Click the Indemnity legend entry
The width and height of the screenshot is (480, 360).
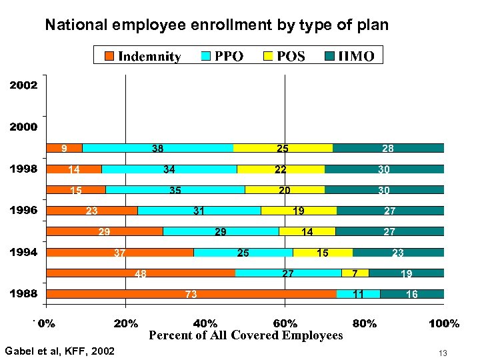coord(143,55)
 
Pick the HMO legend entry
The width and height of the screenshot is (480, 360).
coord(350,55)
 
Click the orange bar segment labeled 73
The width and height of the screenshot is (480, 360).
coord(191,294)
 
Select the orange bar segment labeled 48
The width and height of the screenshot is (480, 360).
coord(141,273)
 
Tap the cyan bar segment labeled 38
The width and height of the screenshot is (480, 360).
coord(158,148)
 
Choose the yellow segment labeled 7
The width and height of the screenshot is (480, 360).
coord(355,273)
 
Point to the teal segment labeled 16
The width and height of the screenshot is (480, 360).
coord(412,294)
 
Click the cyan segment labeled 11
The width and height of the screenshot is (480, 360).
coord(358,294)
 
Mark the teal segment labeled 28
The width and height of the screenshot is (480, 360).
coord(388,148)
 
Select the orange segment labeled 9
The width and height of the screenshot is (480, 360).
coord(64,148)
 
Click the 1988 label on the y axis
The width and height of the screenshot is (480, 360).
coord(23,293)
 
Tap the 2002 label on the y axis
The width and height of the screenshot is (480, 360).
coord(23,85)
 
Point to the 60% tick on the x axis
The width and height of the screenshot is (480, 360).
coord(285,323)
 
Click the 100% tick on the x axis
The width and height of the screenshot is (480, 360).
coord(443,323)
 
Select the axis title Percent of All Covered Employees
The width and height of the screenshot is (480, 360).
coord(245,335)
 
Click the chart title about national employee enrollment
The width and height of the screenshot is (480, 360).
coord(216,25)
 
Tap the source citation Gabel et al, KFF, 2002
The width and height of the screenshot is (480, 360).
coord(59,351)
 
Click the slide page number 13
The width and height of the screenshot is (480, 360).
coord(443,352)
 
